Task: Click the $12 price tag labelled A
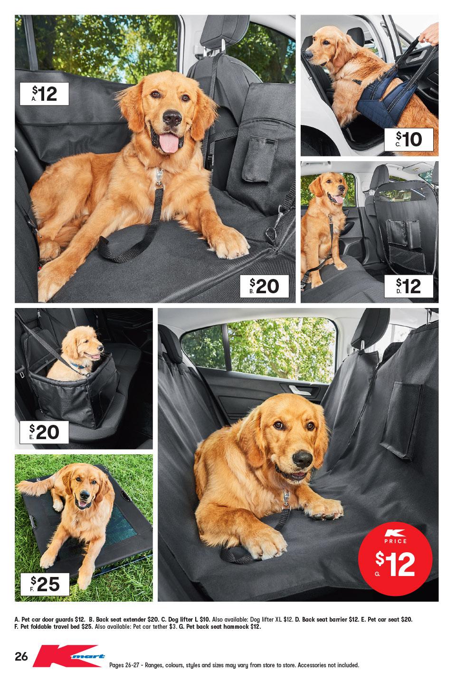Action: (44, 94)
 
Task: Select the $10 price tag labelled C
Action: (409, 139)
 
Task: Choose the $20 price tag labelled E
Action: (45, 431)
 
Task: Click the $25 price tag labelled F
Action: (45, 584)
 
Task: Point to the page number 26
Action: (21, 657)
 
